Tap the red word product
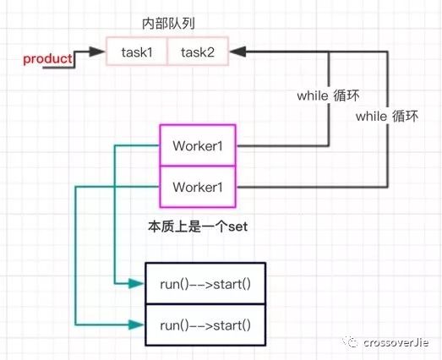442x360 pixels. pyautogui.click(x=47, y=58)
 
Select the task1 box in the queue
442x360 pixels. pyautogui.click(x=136, y=52)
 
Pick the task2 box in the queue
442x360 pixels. pyautogui.click(x=198, y=52)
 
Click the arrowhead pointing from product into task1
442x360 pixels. pyautogui.click(x=98, y=52)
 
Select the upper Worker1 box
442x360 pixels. pyautogui.click(x=198, y=145)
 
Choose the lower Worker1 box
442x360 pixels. pyautogui.click(x=198, y=184)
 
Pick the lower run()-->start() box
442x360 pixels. pyautogui.click(x=206, y=324)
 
